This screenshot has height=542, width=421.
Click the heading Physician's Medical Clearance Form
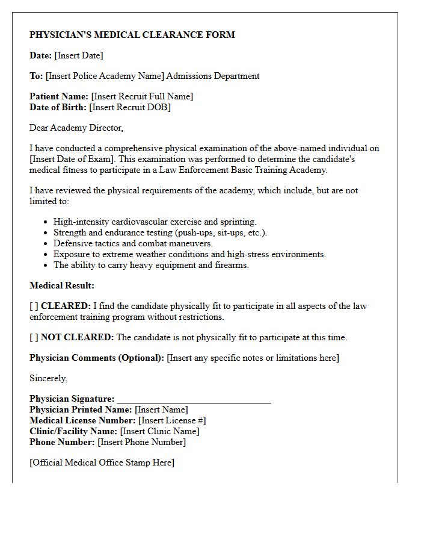tap(132, 35)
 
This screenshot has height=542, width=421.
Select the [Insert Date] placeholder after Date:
tap(78, 55)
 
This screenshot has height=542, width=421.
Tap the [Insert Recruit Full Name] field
tap(142, 96)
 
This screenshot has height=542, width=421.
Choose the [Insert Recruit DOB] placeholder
tap(130, 107)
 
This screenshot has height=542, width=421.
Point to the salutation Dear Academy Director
tap(76, 128)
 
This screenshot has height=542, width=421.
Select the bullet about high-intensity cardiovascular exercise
tap(155, 222)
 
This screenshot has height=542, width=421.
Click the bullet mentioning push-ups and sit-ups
tap(160, 232)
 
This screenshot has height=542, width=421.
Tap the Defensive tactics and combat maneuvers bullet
tap(133, 243)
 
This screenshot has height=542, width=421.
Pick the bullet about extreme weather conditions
tap(189, 254)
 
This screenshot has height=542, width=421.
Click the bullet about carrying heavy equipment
tap(151, 265)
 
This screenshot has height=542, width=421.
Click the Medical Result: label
tap(62, 285)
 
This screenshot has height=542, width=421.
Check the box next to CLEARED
tap(34, 306)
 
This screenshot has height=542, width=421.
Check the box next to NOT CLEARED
tap(34, 337)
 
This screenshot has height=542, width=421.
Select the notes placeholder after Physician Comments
tap(253, 358)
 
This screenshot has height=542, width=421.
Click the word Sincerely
tap(49, 378)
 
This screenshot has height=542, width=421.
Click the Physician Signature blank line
tap(194, 400)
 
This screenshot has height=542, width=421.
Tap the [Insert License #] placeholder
tap(172, 420)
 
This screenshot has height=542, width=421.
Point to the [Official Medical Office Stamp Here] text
tap(102, 463)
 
